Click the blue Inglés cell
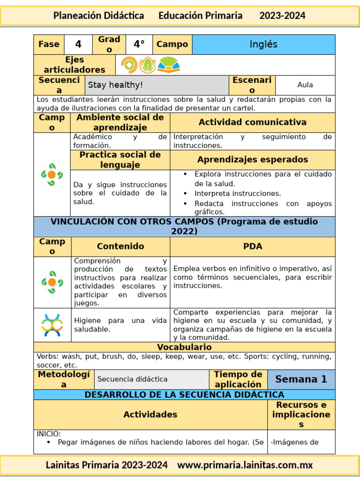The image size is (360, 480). click(263, 45)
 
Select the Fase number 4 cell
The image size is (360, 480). click(78, 45)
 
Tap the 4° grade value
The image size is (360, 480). click(139, 45)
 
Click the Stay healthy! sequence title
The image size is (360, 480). click(116, 85)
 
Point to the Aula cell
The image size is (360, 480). click(305, 85)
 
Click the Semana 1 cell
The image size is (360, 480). click(301, 379)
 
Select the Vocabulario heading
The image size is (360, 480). click(184, 347)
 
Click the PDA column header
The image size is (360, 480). click(253, 247)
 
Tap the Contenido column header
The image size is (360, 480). click(120, 247)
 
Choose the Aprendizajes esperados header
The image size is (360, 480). click(253, 160)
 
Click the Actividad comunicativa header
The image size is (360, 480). click(253, 122)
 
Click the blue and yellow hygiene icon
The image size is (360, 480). click(52, 325)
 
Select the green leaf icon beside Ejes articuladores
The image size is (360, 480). click(148, 65)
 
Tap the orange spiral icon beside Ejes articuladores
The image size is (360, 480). click(129, 65)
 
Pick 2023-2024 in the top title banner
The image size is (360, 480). click(282, 15)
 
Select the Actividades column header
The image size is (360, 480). click(150, 414)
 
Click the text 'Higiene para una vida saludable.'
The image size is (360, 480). click(120, 325)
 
